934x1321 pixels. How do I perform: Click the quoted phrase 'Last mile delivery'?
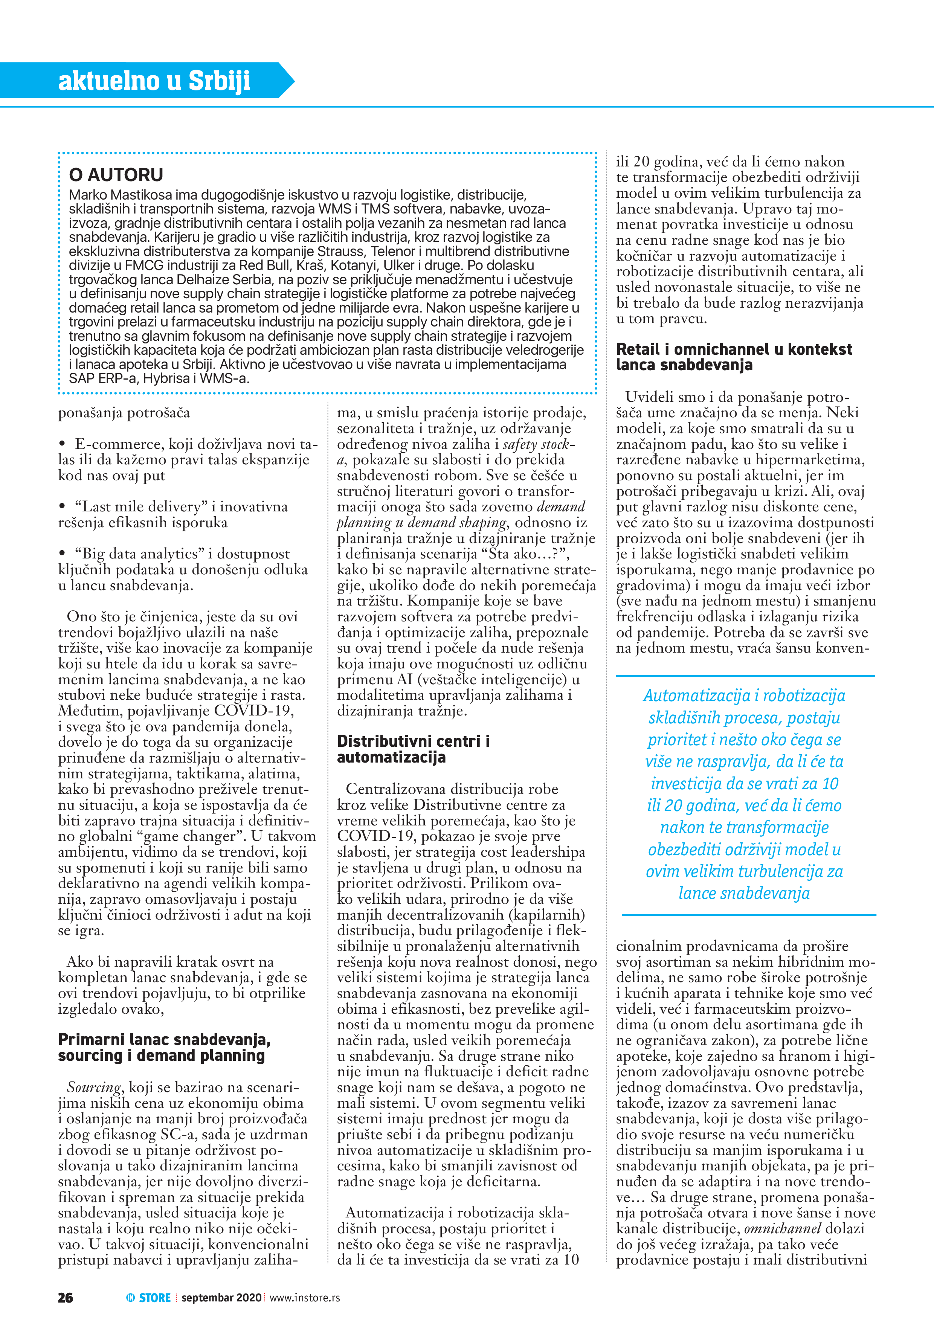(141, 507)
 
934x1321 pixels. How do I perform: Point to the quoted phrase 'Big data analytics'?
(140, 554)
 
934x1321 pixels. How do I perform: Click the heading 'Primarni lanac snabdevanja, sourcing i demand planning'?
(164, 1047)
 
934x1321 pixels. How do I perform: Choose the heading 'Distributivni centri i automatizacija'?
(413, 749)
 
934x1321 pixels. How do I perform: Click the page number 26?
(66, 1297)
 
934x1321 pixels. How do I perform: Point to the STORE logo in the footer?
(148, 1297)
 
